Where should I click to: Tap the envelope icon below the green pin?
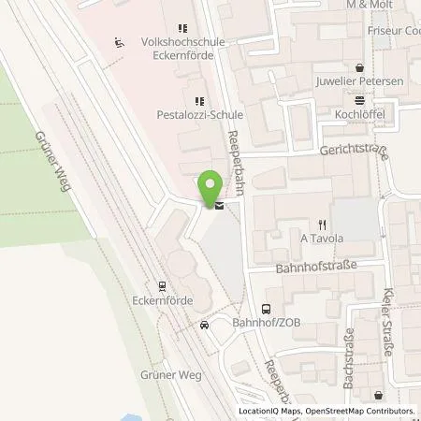[x=218, y=206]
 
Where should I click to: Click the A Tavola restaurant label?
[x=321, y=238]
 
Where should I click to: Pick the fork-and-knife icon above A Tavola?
[x=321, y=224]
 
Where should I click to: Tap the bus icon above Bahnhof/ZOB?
[x=266, y=308]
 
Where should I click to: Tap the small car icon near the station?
[x=203, y=326]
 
